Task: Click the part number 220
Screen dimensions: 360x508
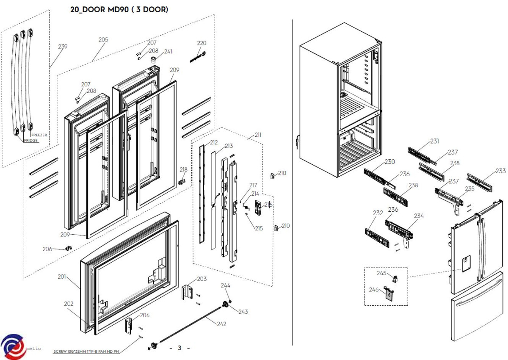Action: click(x=202, y=43)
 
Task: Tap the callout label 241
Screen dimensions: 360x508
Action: click(x=168, y=52)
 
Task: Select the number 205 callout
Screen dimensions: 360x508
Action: click(x=103, y=40)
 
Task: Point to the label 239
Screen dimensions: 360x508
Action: click(x=63, y=47)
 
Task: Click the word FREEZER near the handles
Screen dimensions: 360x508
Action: click(x=39, y=135)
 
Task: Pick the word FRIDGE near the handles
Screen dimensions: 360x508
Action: click(x=31, y=141)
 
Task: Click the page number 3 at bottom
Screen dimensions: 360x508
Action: click(x=179, y=348)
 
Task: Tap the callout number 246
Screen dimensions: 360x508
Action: click(x=373, y=290)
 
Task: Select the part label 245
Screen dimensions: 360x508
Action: click(x=382, y=273)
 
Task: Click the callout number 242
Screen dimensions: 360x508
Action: click(x=221, y=324)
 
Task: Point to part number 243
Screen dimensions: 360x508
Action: click(x=243, y=312)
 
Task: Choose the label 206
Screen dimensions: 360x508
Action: click(x=47, y=249)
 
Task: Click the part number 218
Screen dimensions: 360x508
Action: click(x=183, y=170)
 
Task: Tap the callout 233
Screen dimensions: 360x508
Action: click(x=500, y=171)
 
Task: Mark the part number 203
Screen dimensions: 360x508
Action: click(x=202, y=279)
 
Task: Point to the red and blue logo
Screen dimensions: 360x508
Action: click(x=13, y=346)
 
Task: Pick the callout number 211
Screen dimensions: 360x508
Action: click(x=258, y=135)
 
